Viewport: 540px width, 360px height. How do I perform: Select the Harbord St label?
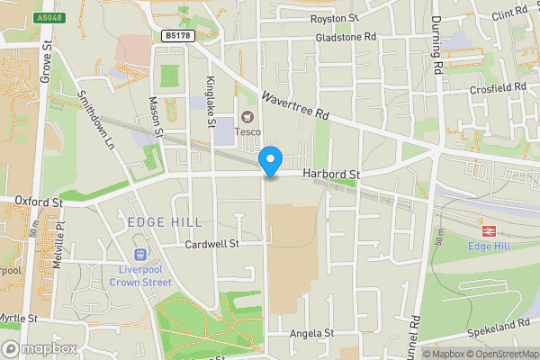tap(331, 173)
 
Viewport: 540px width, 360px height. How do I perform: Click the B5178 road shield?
tap(177, 35)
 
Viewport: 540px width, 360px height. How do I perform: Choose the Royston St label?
tap(335, 18)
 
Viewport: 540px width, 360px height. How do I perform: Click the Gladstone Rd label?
tap(344, 38)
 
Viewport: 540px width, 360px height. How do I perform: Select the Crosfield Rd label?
tap(498, 86)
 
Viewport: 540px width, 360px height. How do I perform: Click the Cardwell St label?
tap(211, 244)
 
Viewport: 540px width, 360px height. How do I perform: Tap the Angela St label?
tap(311, 333)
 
